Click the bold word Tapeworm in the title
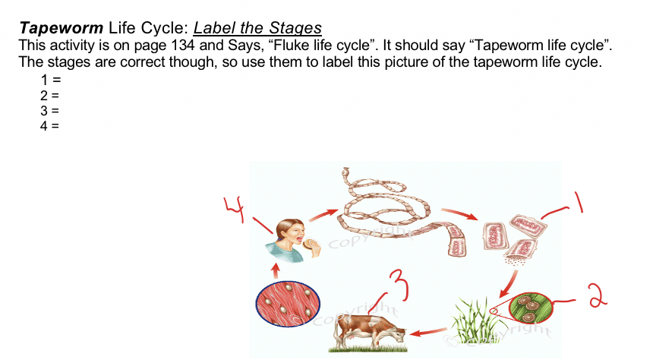pos(61,28)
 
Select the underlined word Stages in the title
pos(295,28)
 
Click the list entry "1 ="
pos(51,80)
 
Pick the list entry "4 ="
pos(50,125)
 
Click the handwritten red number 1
pos(579,202)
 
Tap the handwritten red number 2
pos(598,295)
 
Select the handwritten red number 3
pos(399,285)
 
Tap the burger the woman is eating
pos(311,244)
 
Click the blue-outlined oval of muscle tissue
pos(288,304)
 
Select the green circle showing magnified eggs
pos(531,308)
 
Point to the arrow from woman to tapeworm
pos(323,215)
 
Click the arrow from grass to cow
pos(428,332)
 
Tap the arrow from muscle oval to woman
pos(276,270)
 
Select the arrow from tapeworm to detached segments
pos(459,213)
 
